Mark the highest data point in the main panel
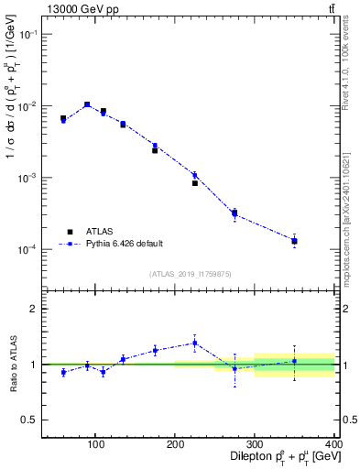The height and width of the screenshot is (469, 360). click(x=87, y=104)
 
